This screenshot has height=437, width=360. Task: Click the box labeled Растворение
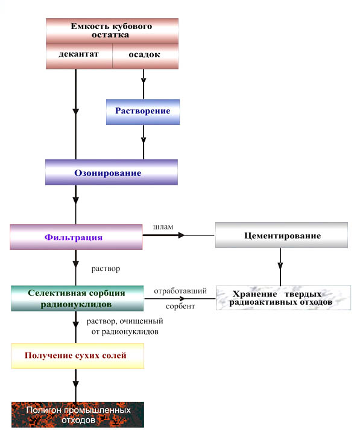point(143,112)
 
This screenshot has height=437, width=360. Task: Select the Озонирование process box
point(112,172)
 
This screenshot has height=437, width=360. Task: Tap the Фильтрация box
point(76,237)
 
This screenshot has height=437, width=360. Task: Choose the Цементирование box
point(282,235)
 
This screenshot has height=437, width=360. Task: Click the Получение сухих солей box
point(78,356)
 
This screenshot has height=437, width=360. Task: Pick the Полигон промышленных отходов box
point(78,415)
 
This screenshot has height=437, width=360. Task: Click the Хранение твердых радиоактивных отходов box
point(283,298)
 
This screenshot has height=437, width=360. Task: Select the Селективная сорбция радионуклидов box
point(77,298)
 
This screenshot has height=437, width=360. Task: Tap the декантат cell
point(79,56)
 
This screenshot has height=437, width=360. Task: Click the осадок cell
point(145,56)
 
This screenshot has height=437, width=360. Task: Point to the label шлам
point(163,227)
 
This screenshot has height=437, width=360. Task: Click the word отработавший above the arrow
point(180,291)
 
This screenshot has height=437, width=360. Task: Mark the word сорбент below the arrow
point(180,306)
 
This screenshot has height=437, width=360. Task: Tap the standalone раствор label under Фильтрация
point(106,269)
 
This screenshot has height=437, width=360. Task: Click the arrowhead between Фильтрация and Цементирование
point(181,235)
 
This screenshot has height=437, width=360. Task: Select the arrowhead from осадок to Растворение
point(144,80)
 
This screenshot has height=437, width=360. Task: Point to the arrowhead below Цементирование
point(280,266)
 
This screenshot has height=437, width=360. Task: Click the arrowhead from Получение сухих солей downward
point(75,384)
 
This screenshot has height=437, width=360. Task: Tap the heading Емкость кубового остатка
point(111,30)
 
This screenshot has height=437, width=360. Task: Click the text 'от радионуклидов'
point(125,331)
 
